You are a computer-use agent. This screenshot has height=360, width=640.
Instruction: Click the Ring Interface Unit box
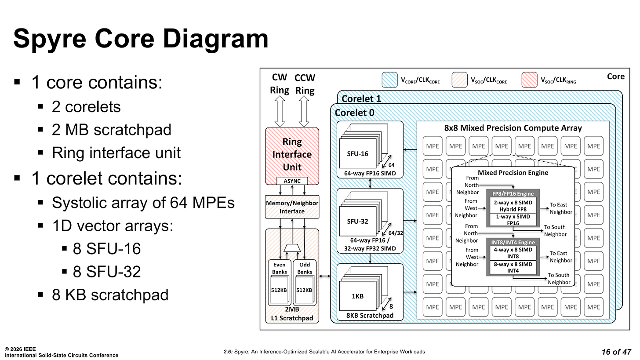[x=292, y=156]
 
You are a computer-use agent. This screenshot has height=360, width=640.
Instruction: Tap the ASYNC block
[x=292, y=181]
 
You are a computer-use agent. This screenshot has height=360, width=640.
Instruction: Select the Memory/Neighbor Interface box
[x=292, y=207]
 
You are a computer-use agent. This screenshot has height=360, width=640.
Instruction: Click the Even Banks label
[x=279, y=268]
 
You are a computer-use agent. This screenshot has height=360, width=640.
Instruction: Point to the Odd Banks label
[x=305, y=268]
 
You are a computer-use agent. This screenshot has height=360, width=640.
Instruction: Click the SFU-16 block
[x=357, y=153]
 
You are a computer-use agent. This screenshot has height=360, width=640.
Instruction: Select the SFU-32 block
[x=357, y=221]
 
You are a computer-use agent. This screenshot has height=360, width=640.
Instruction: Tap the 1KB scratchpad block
[x=357, y=296]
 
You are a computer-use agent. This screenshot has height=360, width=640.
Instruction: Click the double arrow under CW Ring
[x=280, y=111]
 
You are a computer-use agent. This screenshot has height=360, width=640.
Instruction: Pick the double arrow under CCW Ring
[x=304, y=111]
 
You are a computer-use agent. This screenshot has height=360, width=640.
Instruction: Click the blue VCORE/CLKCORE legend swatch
[x=389, y=80]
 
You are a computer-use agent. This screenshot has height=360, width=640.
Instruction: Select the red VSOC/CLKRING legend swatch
[x=529, y=80]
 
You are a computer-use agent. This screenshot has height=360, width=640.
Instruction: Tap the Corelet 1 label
[x=361, y=98]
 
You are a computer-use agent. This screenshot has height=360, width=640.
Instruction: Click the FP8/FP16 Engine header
[x=513, y=194]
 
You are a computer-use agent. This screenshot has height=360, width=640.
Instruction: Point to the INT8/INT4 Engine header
[x=513, y=242]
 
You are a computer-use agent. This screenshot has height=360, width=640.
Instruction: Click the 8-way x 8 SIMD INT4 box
[x=513, y=267]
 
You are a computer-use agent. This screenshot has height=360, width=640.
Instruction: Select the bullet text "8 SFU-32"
[x=106, y=272]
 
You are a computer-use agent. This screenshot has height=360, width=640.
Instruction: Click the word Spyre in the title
[x=50, y=39]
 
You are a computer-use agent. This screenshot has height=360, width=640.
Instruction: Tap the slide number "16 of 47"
[x=616, y=352]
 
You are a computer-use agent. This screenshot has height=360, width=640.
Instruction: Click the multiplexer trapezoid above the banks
[x=292, y=248]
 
